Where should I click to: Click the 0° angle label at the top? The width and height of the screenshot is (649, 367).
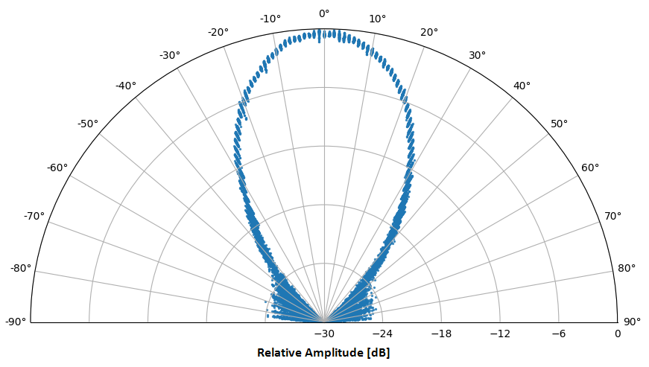coord(324,13)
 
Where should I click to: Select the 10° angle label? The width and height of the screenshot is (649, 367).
coord(378,19)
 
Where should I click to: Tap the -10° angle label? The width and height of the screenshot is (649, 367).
coord(270,19)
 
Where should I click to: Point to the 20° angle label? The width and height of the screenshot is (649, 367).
coord(429,32)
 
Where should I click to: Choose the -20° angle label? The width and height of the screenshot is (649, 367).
coord(218,32)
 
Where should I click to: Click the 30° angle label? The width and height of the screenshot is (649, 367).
coord(477,55)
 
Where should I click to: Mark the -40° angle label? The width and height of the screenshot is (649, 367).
coord(126,86)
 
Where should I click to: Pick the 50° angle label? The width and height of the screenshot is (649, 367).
coord(560,124)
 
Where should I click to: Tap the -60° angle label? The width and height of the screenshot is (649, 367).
coord(57,167)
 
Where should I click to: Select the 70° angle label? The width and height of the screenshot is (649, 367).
coord(612,216)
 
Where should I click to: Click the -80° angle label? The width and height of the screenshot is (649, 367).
coord(20,268)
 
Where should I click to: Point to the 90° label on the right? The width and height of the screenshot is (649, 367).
coord(632,322)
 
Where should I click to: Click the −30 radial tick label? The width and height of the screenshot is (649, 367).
coord(324,334)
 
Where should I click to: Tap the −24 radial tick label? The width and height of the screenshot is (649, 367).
coord(383,334)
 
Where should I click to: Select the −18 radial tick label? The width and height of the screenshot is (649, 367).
coord(441,334)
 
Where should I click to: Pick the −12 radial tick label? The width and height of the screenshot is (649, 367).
coord(500,334)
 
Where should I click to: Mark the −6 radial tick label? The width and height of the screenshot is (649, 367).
coord(559,334)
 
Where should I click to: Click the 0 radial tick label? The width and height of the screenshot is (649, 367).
coord(618,334)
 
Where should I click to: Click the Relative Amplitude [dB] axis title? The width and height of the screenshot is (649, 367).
coord(323,352)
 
